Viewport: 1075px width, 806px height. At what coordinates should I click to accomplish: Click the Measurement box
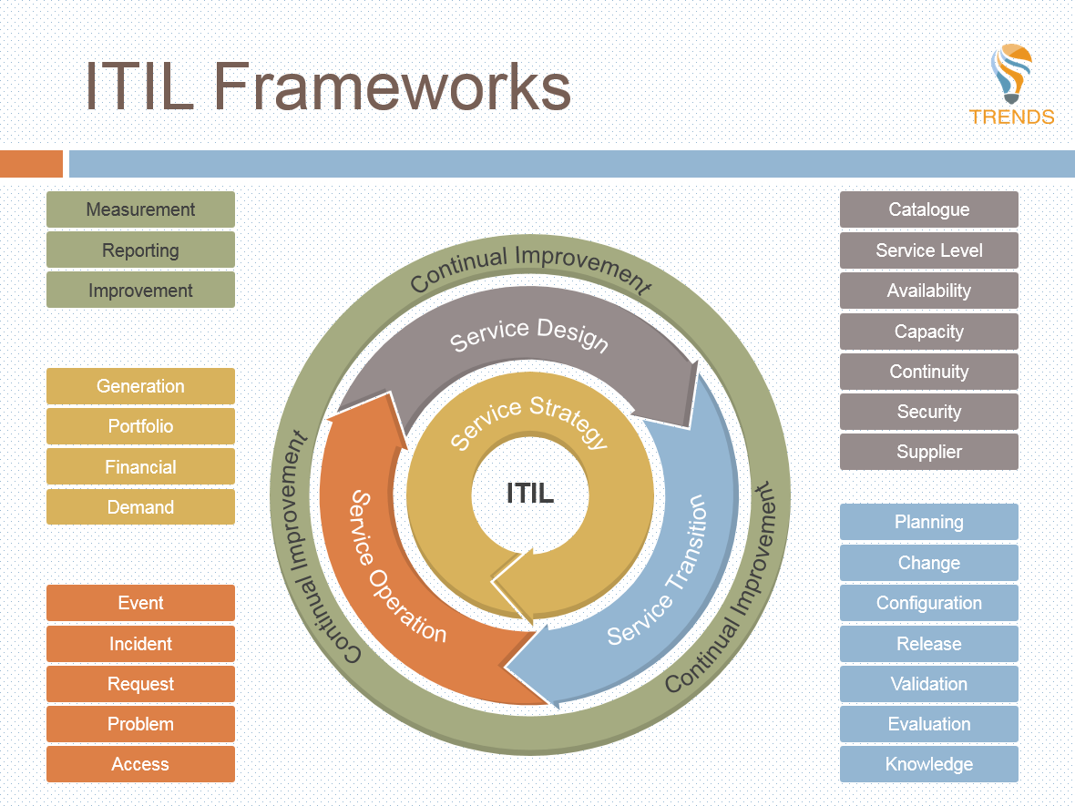(140, 209)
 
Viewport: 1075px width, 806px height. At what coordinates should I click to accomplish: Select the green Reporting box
(140, 250)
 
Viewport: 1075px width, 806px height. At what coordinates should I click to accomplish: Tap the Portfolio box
(140, 426)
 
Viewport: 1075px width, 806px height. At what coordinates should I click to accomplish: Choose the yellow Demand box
(140, 507)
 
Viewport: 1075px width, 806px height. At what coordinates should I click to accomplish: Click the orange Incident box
(140, 644)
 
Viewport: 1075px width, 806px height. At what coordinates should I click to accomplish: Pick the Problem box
(140, 724)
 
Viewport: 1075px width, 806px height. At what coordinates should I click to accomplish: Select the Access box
(140, 764)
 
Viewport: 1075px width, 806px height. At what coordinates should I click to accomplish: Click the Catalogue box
(928, 209)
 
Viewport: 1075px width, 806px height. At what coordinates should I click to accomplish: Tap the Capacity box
(928, 332)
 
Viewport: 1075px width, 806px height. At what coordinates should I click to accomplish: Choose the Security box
(928, 412)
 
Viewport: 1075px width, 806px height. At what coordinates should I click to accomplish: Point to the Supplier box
(928, 452)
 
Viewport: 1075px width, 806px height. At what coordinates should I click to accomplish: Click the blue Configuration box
(928, 603)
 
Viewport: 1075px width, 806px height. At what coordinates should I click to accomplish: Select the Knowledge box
(928, 764)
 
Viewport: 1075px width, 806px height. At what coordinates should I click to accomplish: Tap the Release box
(928, 644)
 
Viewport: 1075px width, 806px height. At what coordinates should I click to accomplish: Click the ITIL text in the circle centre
(530, 494)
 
